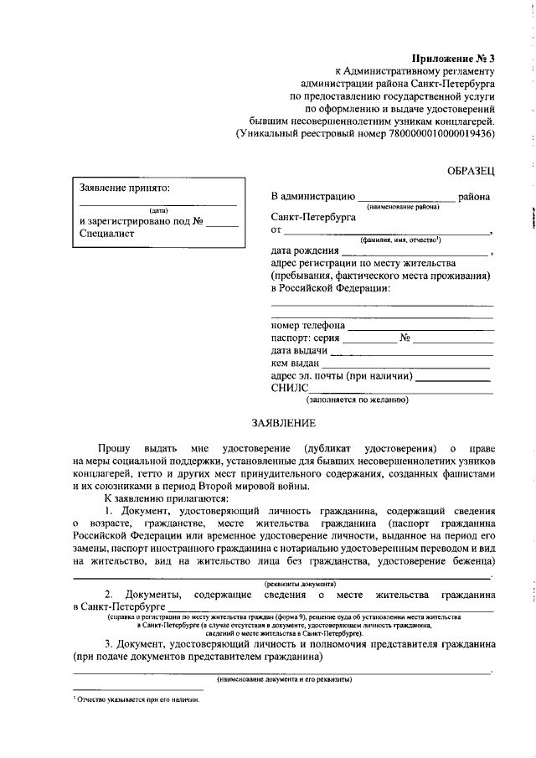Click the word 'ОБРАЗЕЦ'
tap(471, 171)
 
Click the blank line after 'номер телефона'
tap(420, 327)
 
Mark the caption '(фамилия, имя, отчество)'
tap(401, 240)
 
